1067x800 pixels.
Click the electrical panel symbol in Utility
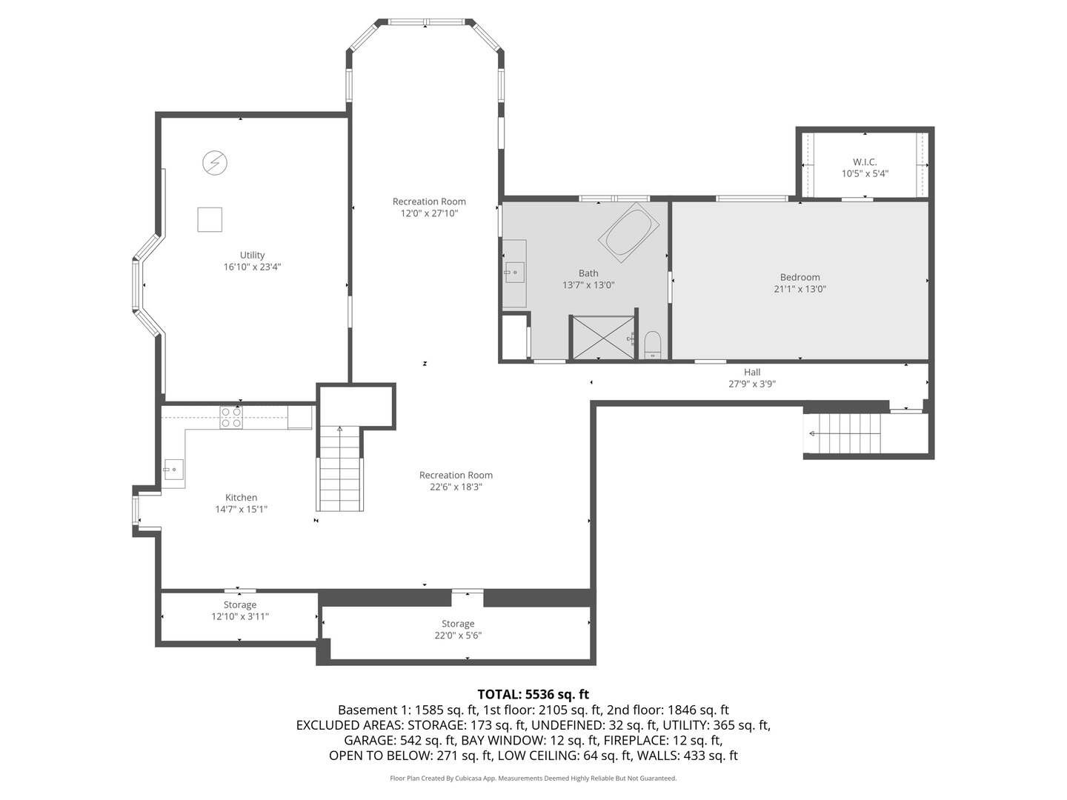(x=215, y=163)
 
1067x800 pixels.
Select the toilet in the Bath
(x=652, y=344)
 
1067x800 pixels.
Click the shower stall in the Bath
(x=602, y=338)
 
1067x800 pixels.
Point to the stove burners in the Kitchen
(x=231, y=418)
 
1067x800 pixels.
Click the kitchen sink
(x=173, y=470)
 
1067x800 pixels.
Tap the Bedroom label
(x=800, y=277)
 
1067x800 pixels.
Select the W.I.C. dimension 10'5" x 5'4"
(x=865, y=174)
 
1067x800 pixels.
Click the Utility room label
(x=252, y=255)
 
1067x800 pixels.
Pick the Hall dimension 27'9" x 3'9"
(x=751, y=384)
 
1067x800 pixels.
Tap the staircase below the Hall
(x=845, y=433)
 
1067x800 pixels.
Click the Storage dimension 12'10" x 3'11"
(x=240, y=616)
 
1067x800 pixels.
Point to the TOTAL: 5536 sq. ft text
(x=533, y=694)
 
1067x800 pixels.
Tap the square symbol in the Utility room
(x=210, y=220)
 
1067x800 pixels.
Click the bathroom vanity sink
(x=513, y=273)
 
